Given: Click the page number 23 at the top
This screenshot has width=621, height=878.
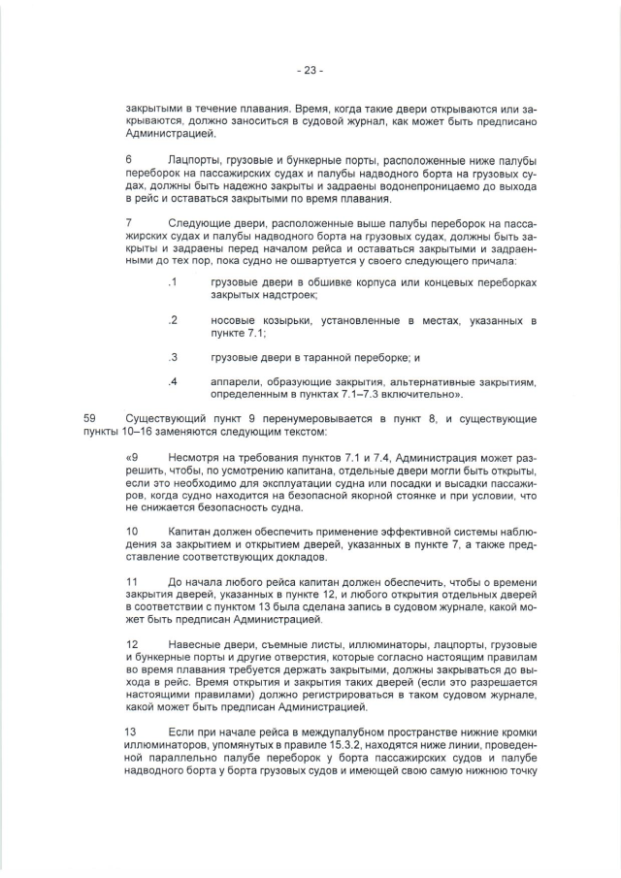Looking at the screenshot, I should (x=310, y=70).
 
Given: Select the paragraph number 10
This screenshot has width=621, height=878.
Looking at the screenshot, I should (x=133, y=531).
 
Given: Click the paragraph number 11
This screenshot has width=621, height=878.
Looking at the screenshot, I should (x=133, y=581).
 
